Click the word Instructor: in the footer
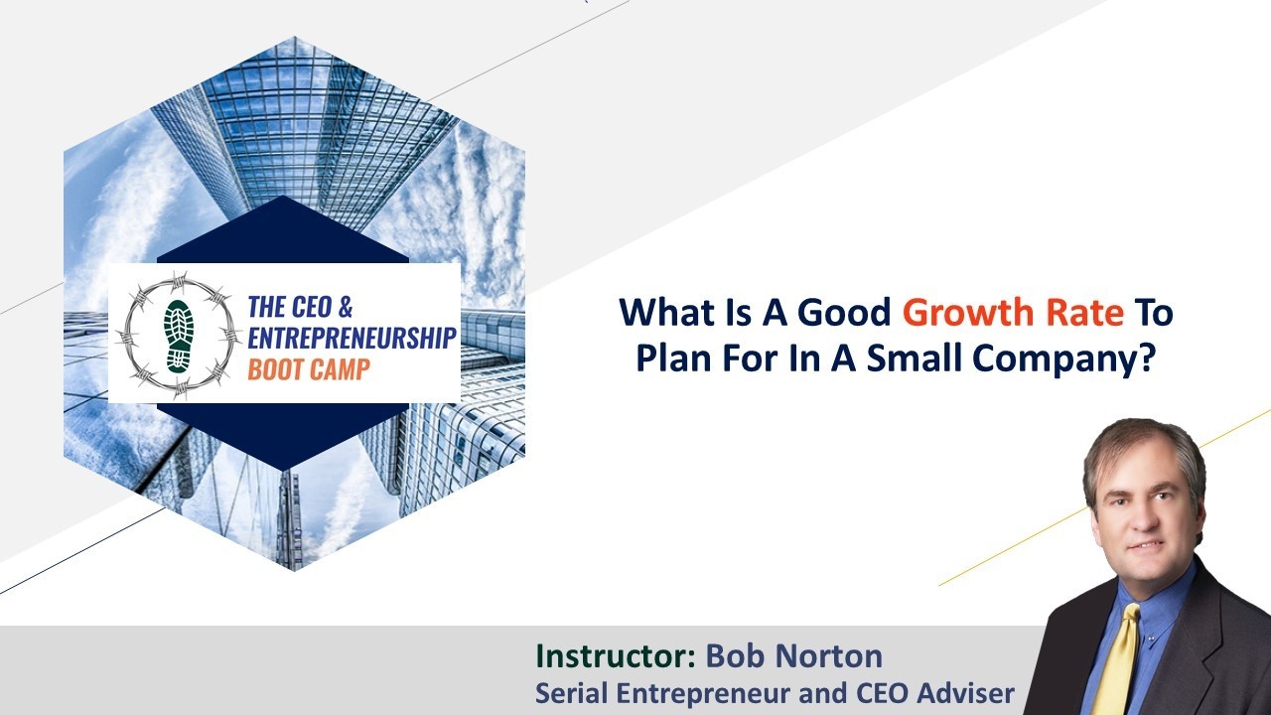[616, 656]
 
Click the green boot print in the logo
[180, 336]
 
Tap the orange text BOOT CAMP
[309, 369]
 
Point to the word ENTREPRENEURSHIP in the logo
[352, 339]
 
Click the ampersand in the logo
[345, 307]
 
